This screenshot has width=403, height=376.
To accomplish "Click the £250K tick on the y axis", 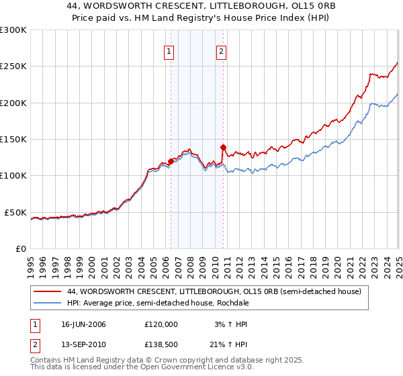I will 13,66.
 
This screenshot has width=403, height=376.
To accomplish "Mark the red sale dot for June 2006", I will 171,161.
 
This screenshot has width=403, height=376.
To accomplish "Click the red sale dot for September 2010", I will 223,147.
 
